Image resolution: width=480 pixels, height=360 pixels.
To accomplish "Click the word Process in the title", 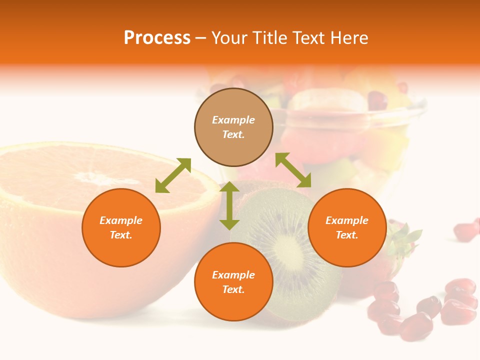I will [x=157, y=38].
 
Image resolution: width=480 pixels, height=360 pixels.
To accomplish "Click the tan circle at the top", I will [x=233, y=127].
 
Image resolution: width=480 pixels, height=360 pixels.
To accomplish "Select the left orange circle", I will [x=121, y=227].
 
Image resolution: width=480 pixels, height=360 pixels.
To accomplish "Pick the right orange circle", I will [x=347, y=227].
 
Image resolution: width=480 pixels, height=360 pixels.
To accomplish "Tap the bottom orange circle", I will [x=233, y=281].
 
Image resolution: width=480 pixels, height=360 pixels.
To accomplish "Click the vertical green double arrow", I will [x=229, y=205].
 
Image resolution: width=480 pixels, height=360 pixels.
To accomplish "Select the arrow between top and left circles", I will [x=173, y=175].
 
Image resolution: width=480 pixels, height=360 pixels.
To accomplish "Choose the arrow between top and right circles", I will [x=293, y=170].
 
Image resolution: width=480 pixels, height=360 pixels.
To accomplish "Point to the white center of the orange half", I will [x=95, y=177].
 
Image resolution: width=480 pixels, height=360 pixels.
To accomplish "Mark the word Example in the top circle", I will [x=233, y=120].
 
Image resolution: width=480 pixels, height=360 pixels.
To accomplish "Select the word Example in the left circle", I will [x=121, y=220].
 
